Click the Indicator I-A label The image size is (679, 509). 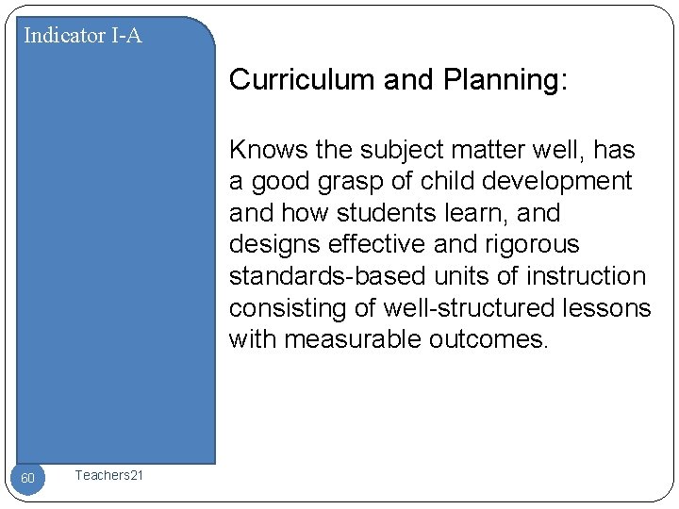coord(83,36)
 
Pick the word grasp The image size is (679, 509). coord(356,181)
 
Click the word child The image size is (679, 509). coord(447,181)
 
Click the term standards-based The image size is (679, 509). coord(327,276)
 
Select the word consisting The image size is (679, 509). coord(284,307)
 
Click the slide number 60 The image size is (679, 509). coord(28,479)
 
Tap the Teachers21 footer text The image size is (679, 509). coord(109,476)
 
